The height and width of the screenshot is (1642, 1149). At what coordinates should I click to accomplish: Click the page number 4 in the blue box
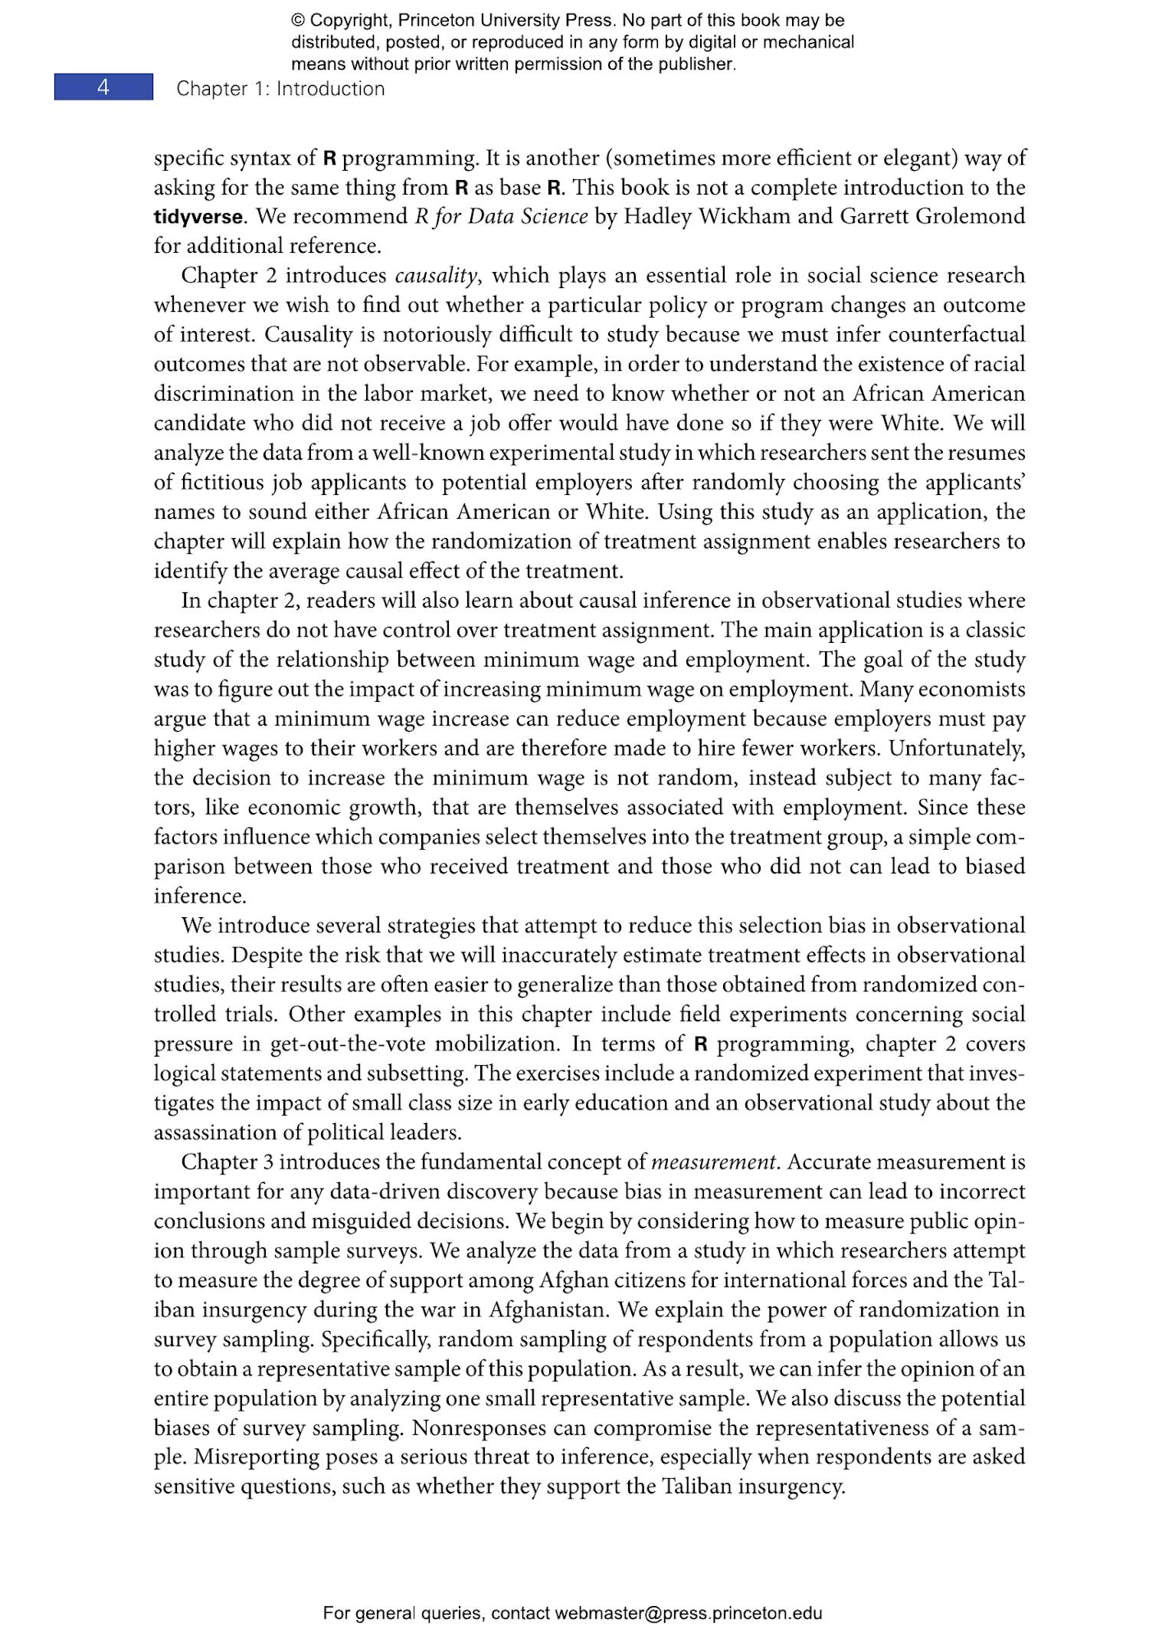point(103,87)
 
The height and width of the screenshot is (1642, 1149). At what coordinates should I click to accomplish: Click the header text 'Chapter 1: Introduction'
point(280,89)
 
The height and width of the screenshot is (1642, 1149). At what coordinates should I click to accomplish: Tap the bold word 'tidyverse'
point(198,217)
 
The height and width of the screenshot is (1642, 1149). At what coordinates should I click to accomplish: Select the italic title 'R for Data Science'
point(501,217)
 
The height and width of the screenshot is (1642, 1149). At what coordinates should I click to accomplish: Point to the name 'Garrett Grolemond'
point(932,217)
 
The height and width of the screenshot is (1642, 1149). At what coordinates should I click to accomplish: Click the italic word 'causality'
point(437,276)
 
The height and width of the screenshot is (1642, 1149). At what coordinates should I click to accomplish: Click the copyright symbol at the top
point(297,21)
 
